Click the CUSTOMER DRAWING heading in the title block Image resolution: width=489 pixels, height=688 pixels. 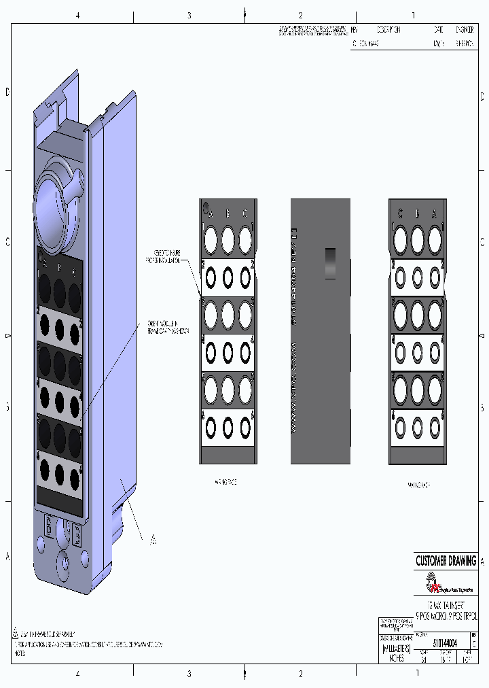tap(446, 561)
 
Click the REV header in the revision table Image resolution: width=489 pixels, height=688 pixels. tap(354, 30)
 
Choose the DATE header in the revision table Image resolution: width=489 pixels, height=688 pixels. tap(438, 30)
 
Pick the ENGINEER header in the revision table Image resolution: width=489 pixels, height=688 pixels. tap(465, 30)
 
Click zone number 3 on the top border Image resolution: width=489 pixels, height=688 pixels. tap(189, 15)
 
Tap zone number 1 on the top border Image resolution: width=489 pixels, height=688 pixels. tap(414, 15)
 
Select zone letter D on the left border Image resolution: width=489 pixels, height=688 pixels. tap(7, 92)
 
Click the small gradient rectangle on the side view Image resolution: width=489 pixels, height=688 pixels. tap(330, 262)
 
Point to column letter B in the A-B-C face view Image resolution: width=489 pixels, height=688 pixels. tap(228, 213)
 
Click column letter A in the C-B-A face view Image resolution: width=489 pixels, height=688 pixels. tap(435, 213)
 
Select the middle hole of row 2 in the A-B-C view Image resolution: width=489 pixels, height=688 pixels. tap(228, 277)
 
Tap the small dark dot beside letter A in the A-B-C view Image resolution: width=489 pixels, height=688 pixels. tap(204, 207)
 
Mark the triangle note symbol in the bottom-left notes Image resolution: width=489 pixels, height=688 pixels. tap(15, 630)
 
